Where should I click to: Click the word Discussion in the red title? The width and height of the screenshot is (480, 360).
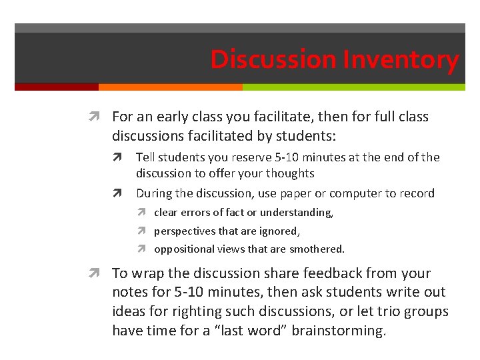pyautogui.click(x=274, y=60)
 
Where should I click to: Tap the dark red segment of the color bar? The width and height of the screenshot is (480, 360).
pyautogui.click(x=56, y=87)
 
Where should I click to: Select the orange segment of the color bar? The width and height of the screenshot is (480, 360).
pyautogui.click(x=170, y=87)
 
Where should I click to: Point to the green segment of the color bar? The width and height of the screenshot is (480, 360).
pyautogui.click(x=353, y=87)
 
